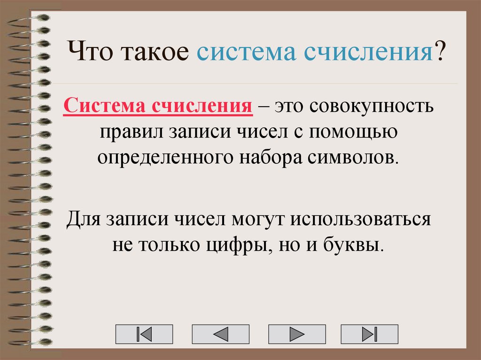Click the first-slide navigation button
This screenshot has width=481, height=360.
[x=144, y=334]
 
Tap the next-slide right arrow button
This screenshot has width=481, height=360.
[x=297, y=334]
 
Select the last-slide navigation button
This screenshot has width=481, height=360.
[x=369, y=334]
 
